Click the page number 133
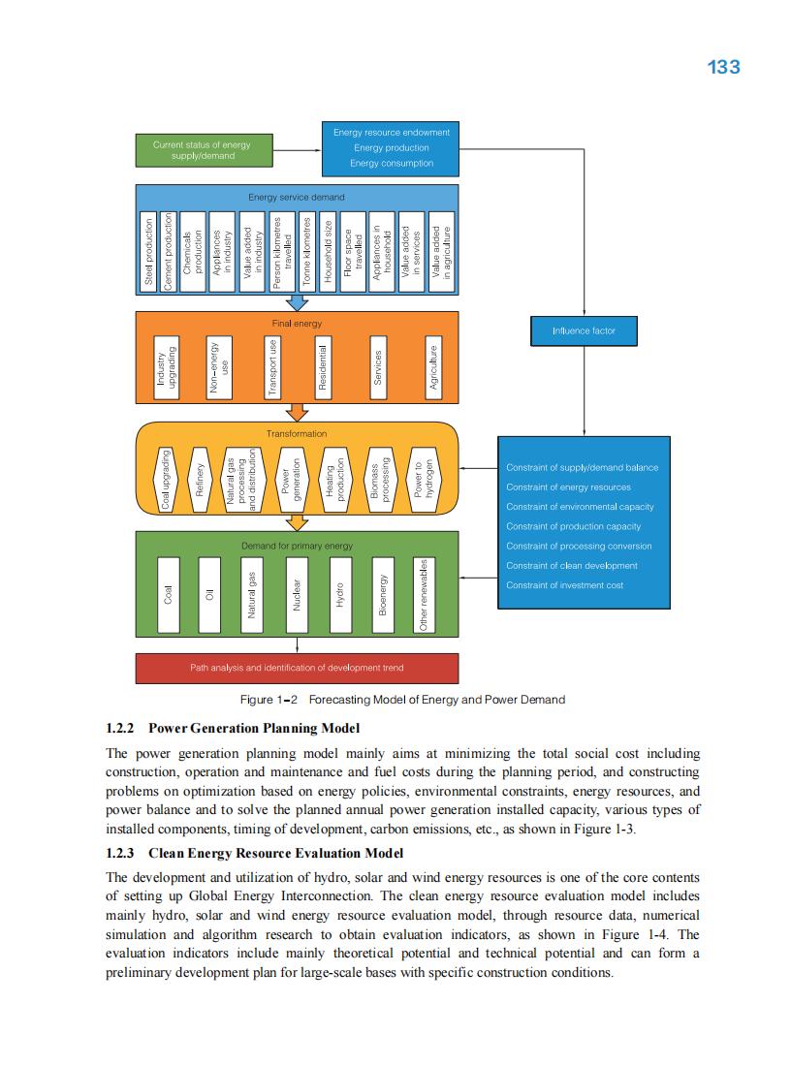pyautogui.click(x=723, y=67)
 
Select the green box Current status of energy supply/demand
pyautogui.click(x=202, y=150)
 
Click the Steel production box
pyautogui.click(x=148, y=250)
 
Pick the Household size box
pyautogui.click(x=329, y=250)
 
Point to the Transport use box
pyautogui.click(x=272, y=368)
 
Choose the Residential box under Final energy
pyautogui.click(x=325, y=368)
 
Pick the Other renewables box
pyautogui.click(x=423, y=595)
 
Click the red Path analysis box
pyautogui.click(x=297, y=668)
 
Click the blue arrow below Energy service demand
pyautogui.click(x=297, y=303)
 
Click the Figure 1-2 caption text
pyautogui.click(x=402, y=699)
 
